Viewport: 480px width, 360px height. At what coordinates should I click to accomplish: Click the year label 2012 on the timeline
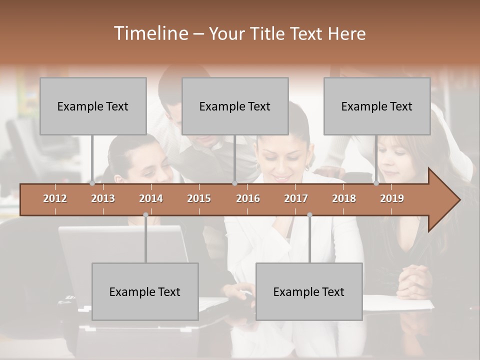tap(55, 198)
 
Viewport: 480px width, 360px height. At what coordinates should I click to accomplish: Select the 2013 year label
tap(103, 198)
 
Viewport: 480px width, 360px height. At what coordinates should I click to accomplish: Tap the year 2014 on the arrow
tap(151, 198)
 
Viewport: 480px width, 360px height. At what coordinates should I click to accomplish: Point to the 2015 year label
tap(199, 198)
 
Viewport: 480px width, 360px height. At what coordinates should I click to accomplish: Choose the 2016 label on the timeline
tap(248, 198)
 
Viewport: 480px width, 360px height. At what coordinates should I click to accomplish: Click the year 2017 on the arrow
tap(296, 198)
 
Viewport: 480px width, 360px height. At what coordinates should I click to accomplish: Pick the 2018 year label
tap(344, 198)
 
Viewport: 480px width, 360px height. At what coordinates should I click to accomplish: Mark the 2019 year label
tap(392, 198)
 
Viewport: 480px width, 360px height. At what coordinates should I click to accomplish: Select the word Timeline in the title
tap(150, 33)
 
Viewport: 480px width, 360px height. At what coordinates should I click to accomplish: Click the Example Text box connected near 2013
tap(93, 106)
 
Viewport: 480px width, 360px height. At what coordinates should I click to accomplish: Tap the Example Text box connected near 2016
tap(235, 106)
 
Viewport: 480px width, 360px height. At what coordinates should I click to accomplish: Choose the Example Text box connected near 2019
tap(377, 106)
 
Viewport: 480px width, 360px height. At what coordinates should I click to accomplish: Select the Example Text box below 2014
tap(145, 291)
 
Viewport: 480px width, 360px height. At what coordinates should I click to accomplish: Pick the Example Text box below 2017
tap(309, 291)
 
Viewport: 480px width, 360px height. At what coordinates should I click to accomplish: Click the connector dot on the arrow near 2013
tap(92, 183)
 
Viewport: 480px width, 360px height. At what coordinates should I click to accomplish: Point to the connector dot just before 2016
tap(234, 183)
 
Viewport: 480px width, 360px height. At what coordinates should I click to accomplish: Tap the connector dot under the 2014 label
tap(145, 215)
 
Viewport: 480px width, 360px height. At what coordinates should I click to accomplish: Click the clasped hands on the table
tap(415, 280)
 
